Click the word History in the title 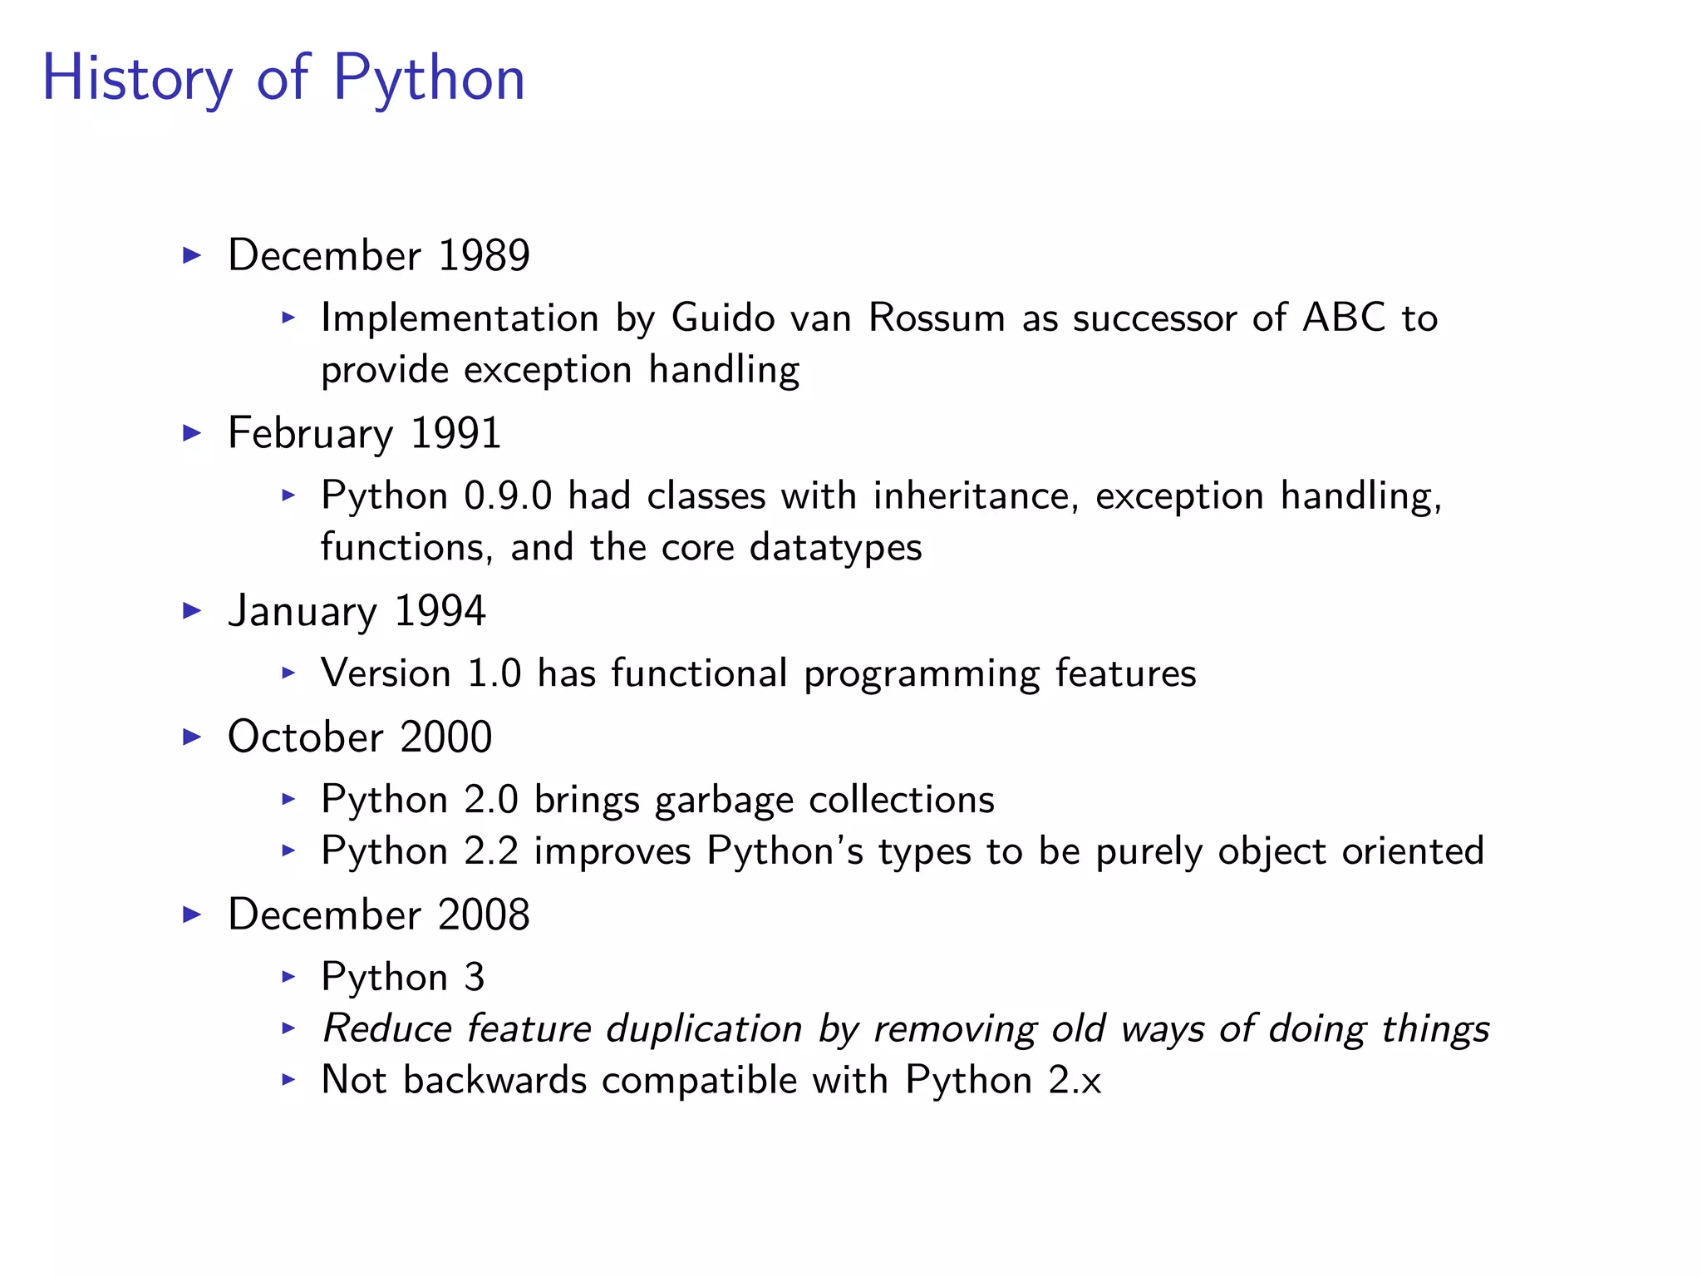pyautogui.click(x=137, y=78)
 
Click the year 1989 pyautogui.click(x=484, y=255)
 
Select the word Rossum pyautogui.click(x=937, y=318)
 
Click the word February pyautogui.click(x=311, y=434)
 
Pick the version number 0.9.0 pyautogui.click(x=507, y=496)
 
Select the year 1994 pyautogui.click(x=440, y=611)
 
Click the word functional pyautogui.click(x=699, y=673)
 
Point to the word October pyautogui.click(x=305, y=737)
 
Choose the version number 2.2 pyautogui.click(x=490, y=851)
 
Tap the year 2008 pyautogui.click(x=484, y=915)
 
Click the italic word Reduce pyautogui.click(x=386, y=1028)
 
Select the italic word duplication pyautogui.click(x=704, y=1028)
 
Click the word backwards pyautogui.click(x=494, y=1080)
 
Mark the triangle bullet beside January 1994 pyautogui.click(x=192, y=611)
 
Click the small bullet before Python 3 pyautogui.click(x=288, y=976)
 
